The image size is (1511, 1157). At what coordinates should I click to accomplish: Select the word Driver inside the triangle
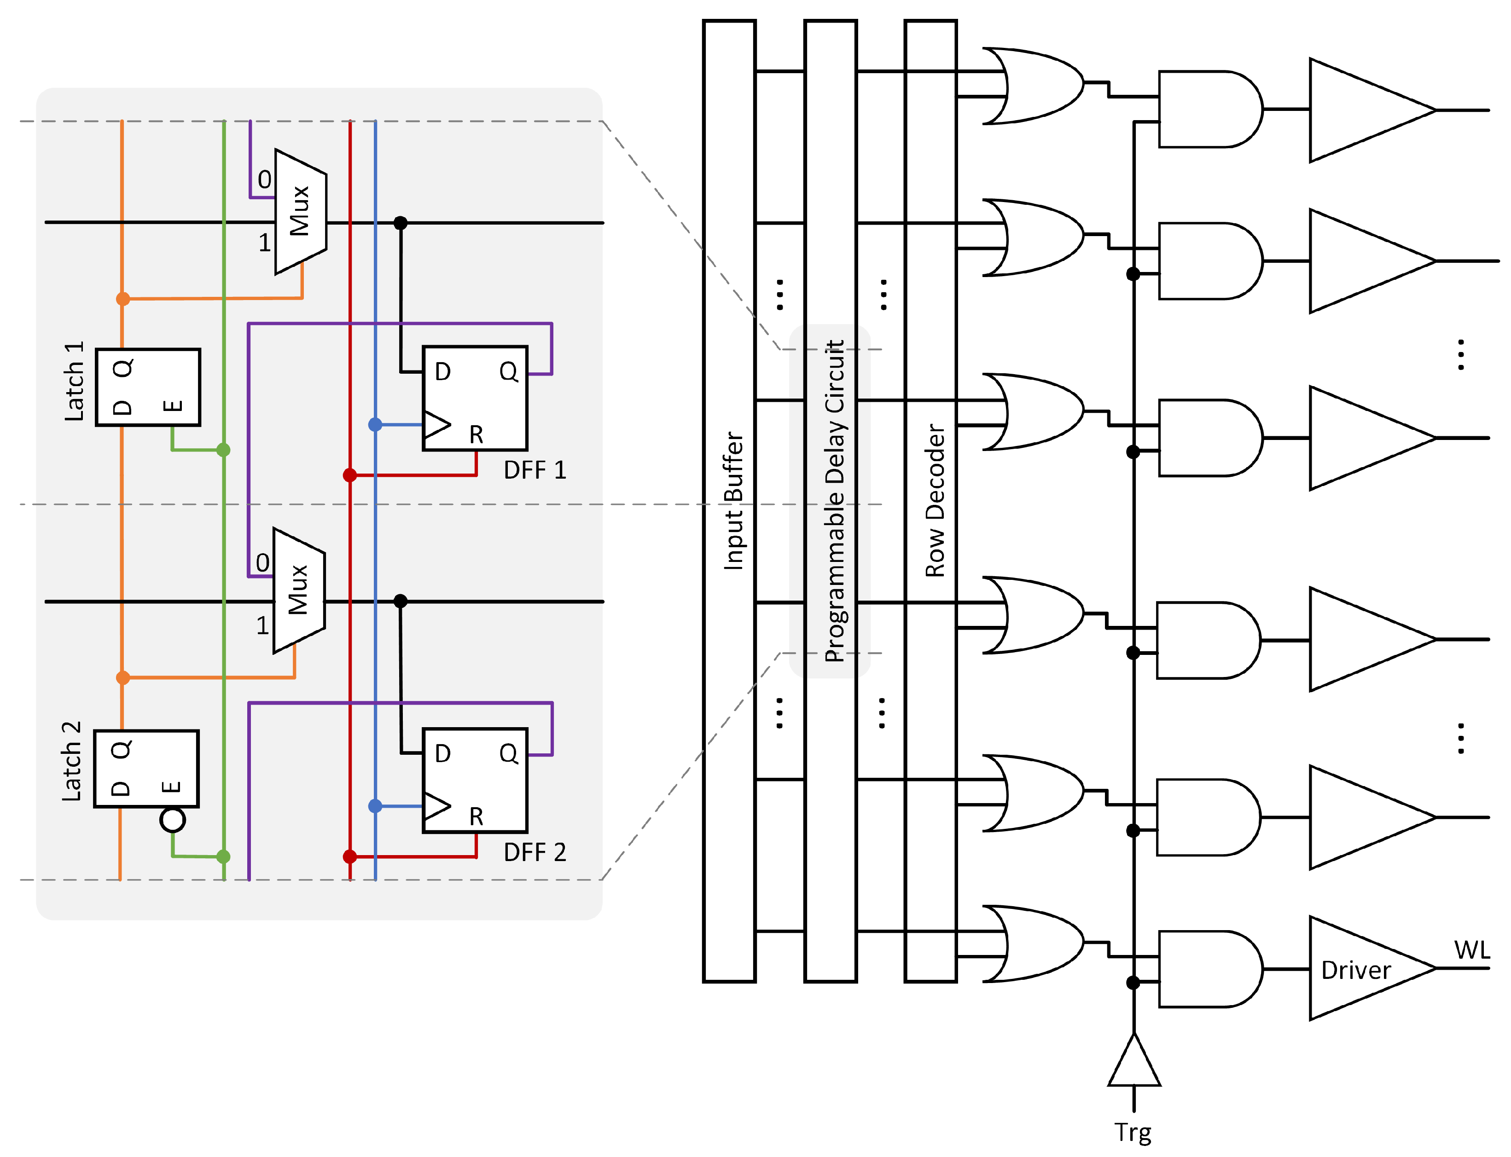click(1355, 970)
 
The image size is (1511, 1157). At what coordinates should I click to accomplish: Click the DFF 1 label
click(535, 470)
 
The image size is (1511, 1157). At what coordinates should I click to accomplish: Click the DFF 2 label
click(535, 853)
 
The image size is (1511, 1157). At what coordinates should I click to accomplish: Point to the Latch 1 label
click(74, 381)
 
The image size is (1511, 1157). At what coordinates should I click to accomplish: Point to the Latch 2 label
click(72, 762)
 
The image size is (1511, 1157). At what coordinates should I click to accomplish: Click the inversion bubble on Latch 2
click(172, 820)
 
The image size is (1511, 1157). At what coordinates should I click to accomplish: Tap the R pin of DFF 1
click(476, 434)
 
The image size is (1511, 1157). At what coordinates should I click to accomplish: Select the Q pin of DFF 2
click(508, 753)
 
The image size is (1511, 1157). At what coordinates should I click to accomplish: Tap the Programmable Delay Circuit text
click(834, 501)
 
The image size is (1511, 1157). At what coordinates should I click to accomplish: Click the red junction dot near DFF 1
click(350, 475)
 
